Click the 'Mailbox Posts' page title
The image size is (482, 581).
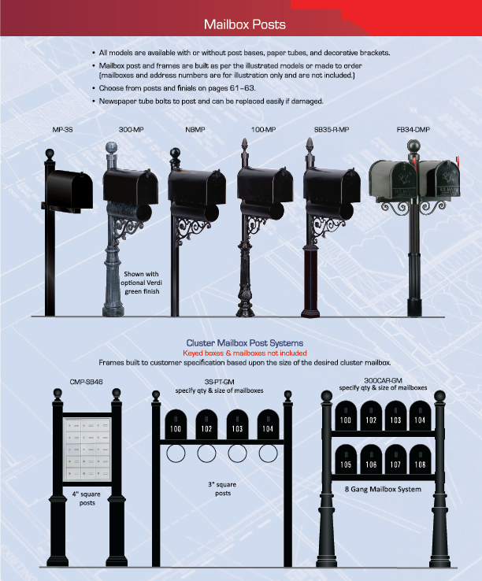click(245, 24)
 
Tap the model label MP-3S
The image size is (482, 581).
click(62, 130)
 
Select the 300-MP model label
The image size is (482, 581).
click(132, 130)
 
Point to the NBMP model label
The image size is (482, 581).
click(195, 130)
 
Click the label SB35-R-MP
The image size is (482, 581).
click(332, 130)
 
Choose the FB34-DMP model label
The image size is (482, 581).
click(413, 130)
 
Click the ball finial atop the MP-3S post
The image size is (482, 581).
click(50, 154)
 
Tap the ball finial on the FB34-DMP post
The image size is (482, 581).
click(413, 145)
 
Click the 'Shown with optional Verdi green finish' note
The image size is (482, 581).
click(141, 283)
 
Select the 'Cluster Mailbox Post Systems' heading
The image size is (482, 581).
click(245, 343)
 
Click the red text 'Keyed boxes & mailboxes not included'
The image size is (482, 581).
click(245, 353)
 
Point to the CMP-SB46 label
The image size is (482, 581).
click(86, 382)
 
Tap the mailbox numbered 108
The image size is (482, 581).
click(420, 460)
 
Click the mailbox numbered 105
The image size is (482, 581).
click(346, 460)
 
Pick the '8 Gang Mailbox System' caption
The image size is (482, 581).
click(383, 489)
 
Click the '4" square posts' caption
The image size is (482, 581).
click(87, 498)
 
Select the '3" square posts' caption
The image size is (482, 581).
click(222, 489)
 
